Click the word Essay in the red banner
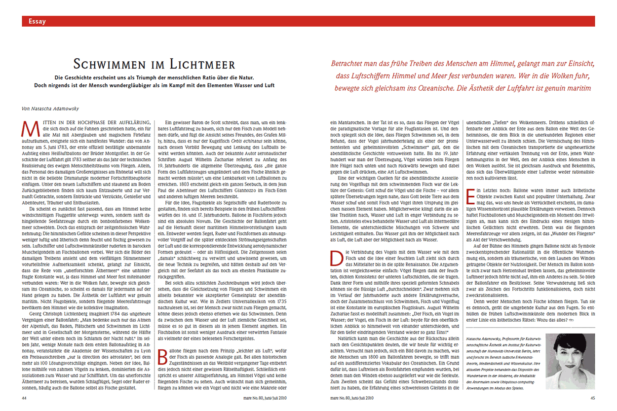coord(38,21)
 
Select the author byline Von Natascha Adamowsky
coord(47,108)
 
